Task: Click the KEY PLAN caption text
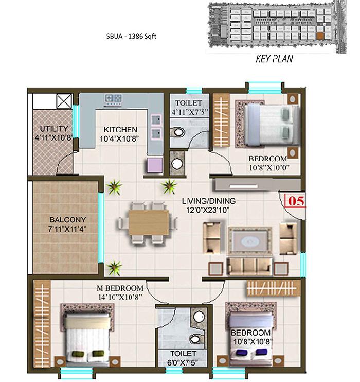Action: [274, 59]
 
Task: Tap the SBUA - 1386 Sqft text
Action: [131, 37]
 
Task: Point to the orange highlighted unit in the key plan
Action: [320, 36]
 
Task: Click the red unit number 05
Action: [296, 201]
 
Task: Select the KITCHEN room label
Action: [120, 129]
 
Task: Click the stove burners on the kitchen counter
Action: [113, 98]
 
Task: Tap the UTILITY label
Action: [54, 129]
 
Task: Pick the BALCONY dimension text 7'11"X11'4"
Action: [67, 229]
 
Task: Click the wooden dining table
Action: [149, 222]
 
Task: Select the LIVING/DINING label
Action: [209, 201]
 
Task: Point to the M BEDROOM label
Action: [120, 288]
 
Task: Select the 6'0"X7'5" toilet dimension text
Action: [182, 363]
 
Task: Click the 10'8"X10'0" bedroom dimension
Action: [269, 168]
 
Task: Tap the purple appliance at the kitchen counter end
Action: [155, 165]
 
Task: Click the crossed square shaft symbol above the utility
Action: [64, 101]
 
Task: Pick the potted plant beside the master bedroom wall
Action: [114, 268]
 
